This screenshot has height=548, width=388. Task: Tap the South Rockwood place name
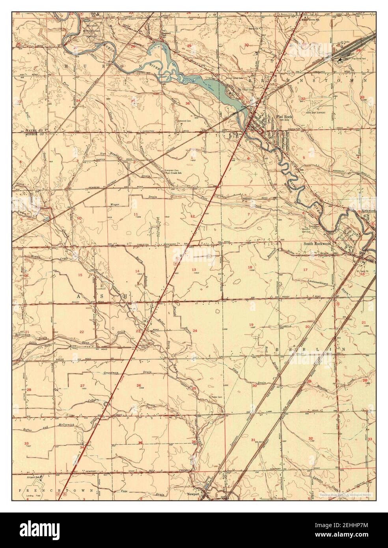(x=317, y=244)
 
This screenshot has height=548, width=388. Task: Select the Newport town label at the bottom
(x=193, y=493)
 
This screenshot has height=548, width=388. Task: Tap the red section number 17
(x=305, y=270)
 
